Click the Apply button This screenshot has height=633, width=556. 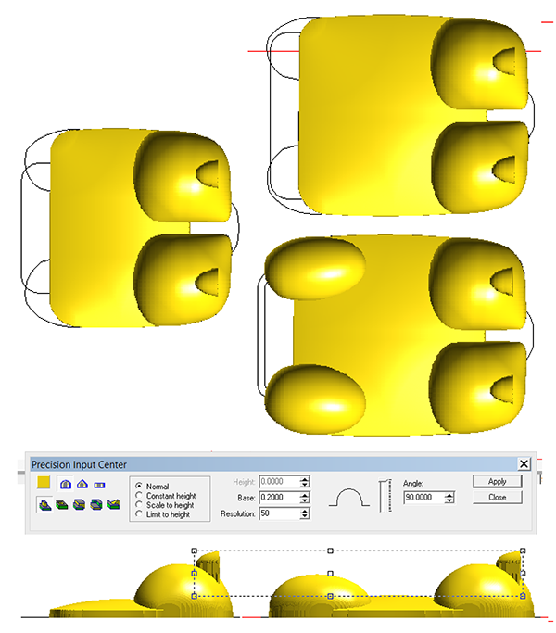497,481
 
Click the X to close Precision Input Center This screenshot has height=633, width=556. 524,463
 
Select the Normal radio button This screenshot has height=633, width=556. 139,486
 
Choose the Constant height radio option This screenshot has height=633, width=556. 139,495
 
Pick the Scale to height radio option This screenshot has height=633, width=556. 139,504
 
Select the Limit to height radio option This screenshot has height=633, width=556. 139,514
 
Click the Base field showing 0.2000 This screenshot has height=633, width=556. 280,498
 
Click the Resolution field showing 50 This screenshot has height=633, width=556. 280,513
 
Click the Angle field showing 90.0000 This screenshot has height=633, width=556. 423,498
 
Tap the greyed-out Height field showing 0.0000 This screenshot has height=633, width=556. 280,482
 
